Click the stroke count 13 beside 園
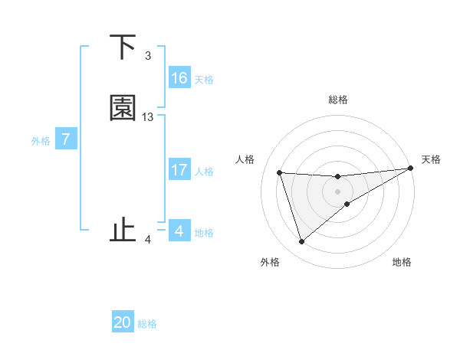[148, 117]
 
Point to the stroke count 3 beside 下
[148, 56]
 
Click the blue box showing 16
[179, 78]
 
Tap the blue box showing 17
[179, 170]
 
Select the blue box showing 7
[67, 139]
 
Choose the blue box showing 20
[123, 322]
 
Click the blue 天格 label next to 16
[204, 80]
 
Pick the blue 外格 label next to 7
[41, 141]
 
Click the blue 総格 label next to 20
[147, 324]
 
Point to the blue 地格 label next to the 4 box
[204, 233]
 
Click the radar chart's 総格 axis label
[338, 100]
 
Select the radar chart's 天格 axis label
[431, 159]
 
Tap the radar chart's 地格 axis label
[402, 262]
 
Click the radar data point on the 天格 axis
[410, 169]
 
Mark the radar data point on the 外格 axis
[301, 242]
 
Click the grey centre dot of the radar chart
[338, 191]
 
